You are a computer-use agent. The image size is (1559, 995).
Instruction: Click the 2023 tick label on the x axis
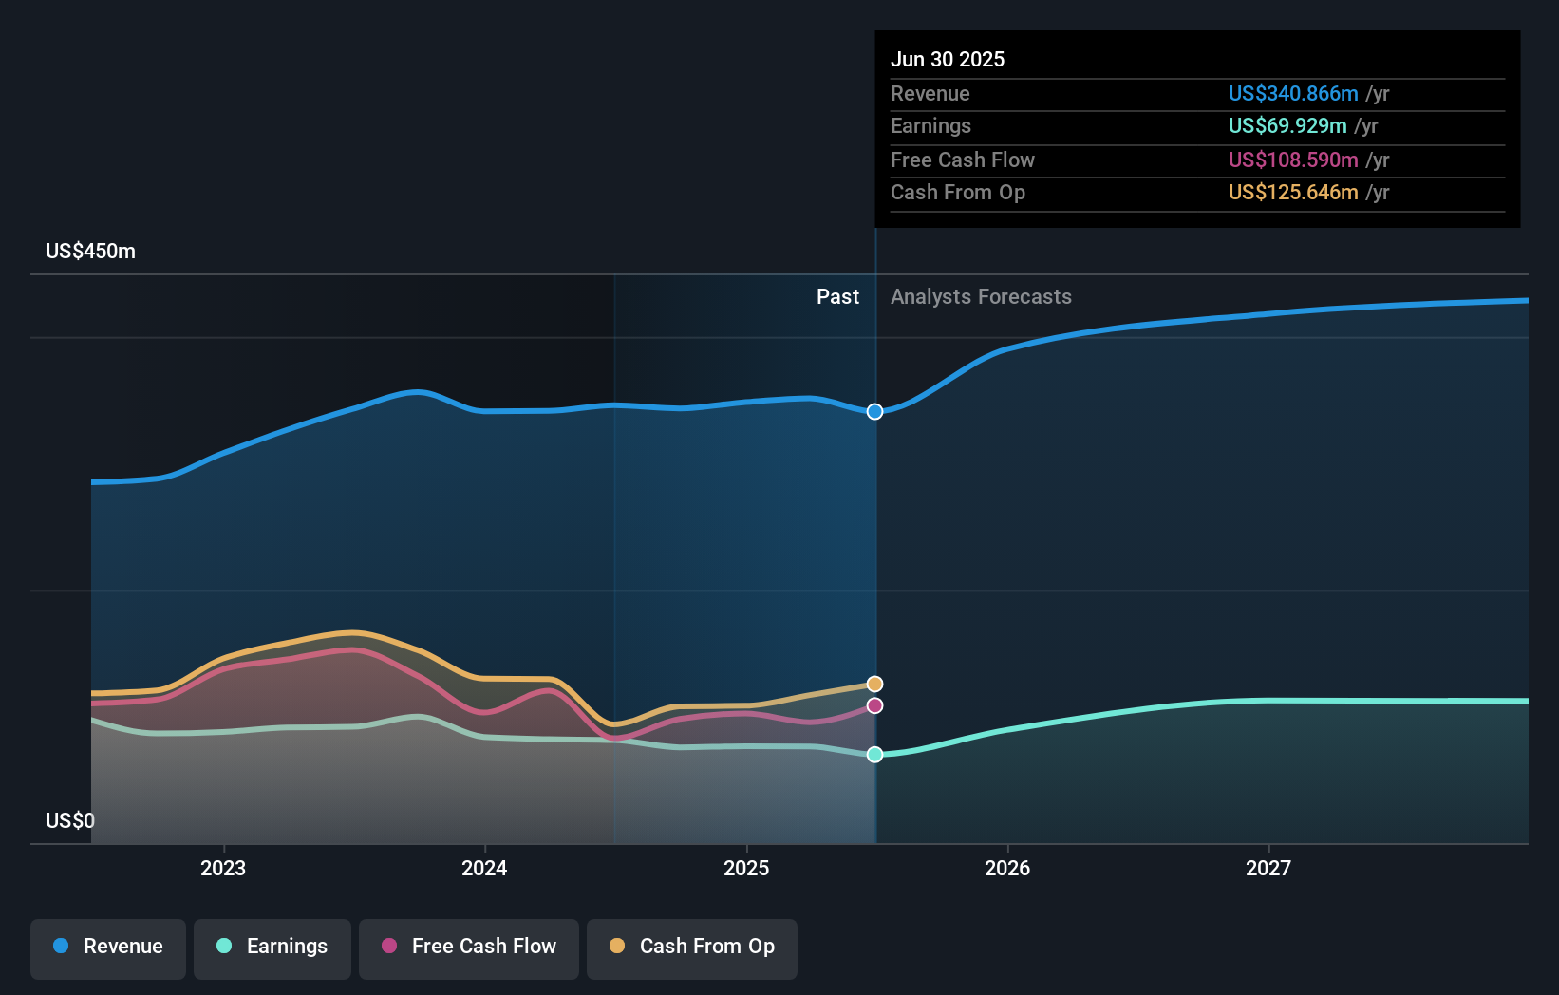[x=223, y=868]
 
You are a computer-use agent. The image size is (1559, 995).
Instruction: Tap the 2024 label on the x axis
[x=484, y=868]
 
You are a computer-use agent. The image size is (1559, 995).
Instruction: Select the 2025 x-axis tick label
[x=746, y=868]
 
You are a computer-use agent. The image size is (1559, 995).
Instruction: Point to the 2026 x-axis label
[x=1007, y=868]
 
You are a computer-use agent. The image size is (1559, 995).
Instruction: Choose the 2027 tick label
[x=1268, y=868]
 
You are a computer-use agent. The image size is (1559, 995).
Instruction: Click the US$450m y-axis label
[x=90, y=252]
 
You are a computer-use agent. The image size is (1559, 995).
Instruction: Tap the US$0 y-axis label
[x=70, y=820]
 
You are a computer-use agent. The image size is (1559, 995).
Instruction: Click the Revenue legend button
[x=108, y=947]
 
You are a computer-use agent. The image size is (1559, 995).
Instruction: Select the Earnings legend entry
[x=272, y=947]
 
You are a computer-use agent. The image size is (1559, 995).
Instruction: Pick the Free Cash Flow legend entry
[x=469, y=947]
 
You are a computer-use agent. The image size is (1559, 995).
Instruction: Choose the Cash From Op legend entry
[x=692, y=947]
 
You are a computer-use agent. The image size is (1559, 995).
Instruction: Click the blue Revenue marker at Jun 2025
[x=875, y=411]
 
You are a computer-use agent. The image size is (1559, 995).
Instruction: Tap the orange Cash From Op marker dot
[x=875, y=685]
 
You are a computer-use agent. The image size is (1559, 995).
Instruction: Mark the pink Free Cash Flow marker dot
[x=875, y=705]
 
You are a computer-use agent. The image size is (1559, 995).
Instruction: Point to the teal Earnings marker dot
[x=875, y=755]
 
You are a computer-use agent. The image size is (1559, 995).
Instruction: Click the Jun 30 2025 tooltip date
[x=948, y=59]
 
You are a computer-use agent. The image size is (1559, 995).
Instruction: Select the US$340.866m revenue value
[x=1293, y=93]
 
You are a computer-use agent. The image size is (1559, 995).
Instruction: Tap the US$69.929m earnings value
[x=1287, y=126]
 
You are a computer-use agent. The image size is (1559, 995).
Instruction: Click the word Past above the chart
[x=837, y=297]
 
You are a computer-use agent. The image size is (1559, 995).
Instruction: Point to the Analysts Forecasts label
[x=981, y=297]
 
